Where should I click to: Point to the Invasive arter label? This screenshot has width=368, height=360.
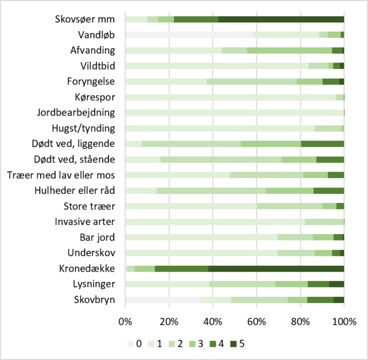click(89, 221)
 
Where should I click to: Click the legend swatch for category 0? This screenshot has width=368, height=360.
click(131, 344)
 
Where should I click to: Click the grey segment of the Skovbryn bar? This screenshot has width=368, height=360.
click(162, 299)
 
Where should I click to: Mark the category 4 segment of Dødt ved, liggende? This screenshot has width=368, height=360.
click(322, 143)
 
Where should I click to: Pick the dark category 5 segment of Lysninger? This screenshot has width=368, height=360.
click(336, 284)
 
